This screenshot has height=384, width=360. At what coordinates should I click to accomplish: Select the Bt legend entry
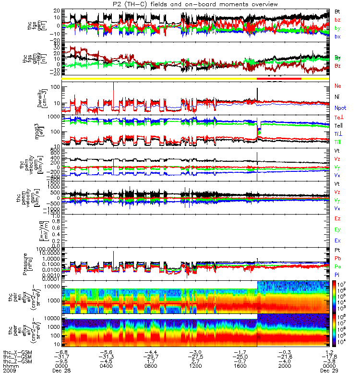click(x=337, y=11)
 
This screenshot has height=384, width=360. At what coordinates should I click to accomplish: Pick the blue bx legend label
click(x=337, y=36)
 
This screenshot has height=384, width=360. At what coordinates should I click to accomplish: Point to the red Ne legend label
click(x=338, y=86)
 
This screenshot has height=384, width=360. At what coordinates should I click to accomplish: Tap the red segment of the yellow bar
click(x=279, y=78)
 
